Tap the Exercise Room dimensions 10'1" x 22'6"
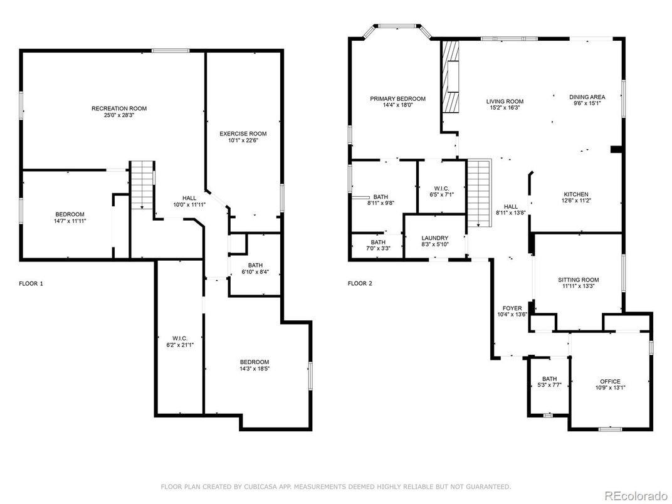click(x=243, y=140)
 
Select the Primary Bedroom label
click(x=397, y=98)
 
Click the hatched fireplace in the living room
click(x=451, y=76)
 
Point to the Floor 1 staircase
click(x=142, y=185)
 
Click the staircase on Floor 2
click(x=478, y=193)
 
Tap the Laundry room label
click(x=434, y=238)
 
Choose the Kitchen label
click(x=576, y=194)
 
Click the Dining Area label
click(x=587, y=97)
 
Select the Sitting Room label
click(x=578, y=280)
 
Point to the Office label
click(x=610, y=381)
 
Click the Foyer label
click(x=512, y=308)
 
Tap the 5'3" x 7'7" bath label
click(x=549, y=382)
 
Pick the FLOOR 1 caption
click(x=31, y=283)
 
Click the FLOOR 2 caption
click(x=360, y=283)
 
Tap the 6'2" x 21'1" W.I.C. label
click(x=180, y=342)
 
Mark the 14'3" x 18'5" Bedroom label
click(x=255, y=365)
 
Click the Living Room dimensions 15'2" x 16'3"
click(x=505, y=108)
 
